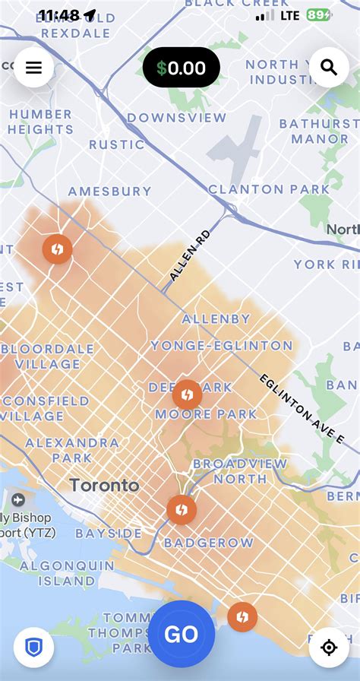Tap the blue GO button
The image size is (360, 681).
click(181, 634)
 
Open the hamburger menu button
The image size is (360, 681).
click(33, 68)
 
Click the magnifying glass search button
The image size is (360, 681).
click(328, 68)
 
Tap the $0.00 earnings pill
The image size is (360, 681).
click(182, 68)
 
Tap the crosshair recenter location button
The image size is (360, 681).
click(328, 647)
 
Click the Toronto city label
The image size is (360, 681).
click(104, 486)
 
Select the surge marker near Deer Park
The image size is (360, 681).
click(187, 394)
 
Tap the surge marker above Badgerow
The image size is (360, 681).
click(182, 509)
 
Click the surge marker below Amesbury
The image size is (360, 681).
click(57, 249)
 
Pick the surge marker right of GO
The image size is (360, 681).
click(242, 616)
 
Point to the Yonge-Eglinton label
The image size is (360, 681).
click(221, 346)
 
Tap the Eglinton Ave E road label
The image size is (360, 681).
click(302, 409)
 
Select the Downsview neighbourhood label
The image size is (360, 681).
click(176, 118)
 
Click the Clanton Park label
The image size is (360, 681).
click(269, 189)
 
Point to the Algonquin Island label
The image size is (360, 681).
click(66, 573)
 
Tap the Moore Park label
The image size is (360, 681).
click(206, 414)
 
